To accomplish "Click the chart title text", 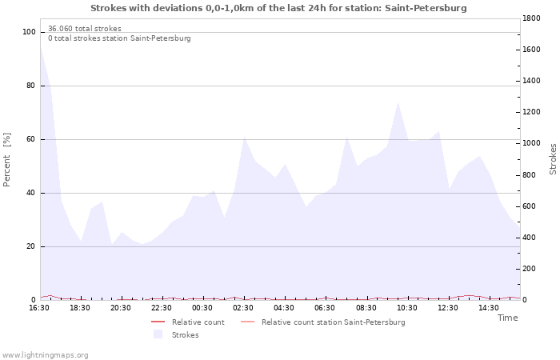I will [x=278, y=8].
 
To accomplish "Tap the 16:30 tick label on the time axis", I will [x=39, y=308].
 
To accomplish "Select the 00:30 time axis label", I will [x=202, y=308].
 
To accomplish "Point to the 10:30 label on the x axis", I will [x=407, y=308].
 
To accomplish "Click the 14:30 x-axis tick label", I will [x=489, y=308].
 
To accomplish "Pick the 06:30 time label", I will [x=326, y=308].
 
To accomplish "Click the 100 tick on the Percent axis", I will [x=30, y=32].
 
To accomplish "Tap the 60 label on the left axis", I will [x=31, y=139].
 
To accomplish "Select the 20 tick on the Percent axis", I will [x=31, y=246].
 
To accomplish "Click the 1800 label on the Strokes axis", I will [x=534, y=18].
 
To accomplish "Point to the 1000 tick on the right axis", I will [x=534, y=143].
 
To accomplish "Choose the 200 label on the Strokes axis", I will [x=531, y=269].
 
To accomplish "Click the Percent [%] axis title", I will [x=7, y=160].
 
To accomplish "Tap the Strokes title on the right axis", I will [x=553, y=158].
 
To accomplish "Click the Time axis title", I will [x=507, y=318].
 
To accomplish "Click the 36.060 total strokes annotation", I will [x=84, y=29].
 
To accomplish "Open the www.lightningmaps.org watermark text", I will [x=46, y=355].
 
